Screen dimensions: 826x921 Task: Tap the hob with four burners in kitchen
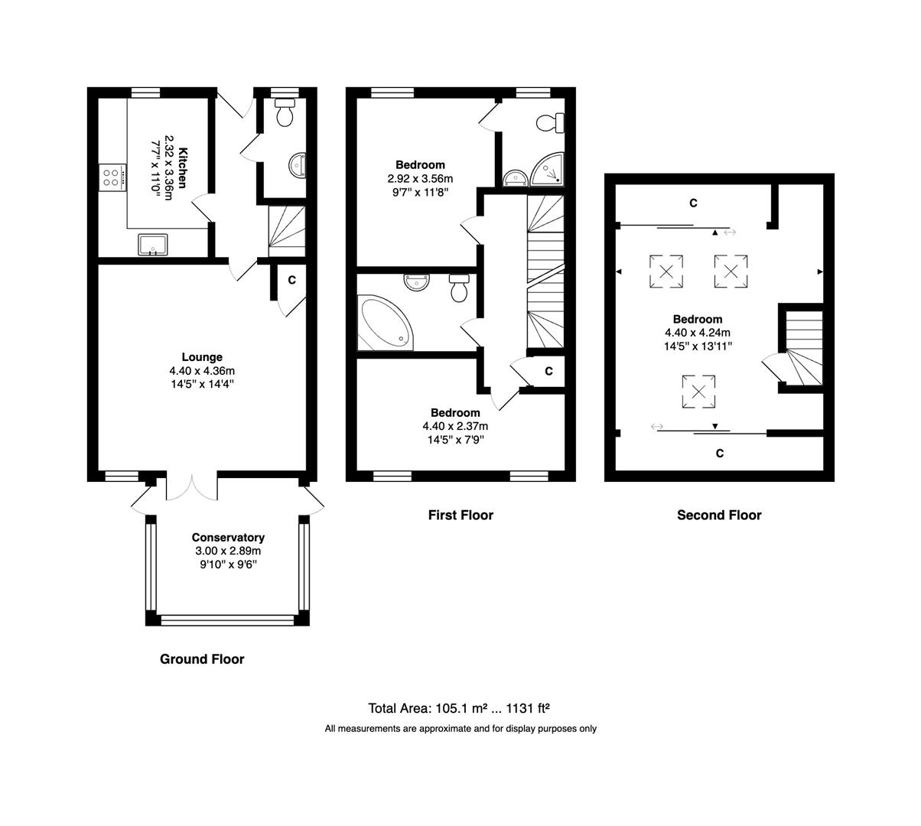(111, 178)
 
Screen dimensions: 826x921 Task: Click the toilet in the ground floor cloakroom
(285, 114)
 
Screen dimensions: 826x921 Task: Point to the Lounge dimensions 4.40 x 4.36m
(202, 371)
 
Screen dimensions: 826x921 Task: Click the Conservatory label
(228, 538)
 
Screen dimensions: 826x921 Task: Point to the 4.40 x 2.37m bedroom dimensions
(455, 426)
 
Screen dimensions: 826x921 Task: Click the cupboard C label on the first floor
(548, 371)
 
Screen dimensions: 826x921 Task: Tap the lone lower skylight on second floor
(698, 392)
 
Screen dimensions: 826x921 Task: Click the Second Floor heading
(719, 515)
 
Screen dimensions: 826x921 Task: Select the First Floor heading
(460, 515)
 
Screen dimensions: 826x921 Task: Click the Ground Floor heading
(202, 659)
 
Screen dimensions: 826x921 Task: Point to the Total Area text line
(460, 707)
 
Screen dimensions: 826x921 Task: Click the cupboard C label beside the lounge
(291, 280)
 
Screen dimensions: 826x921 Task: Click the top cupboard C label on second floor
(693, 203)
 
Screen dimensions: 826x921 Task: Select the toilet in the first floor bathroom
(460, 289)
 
